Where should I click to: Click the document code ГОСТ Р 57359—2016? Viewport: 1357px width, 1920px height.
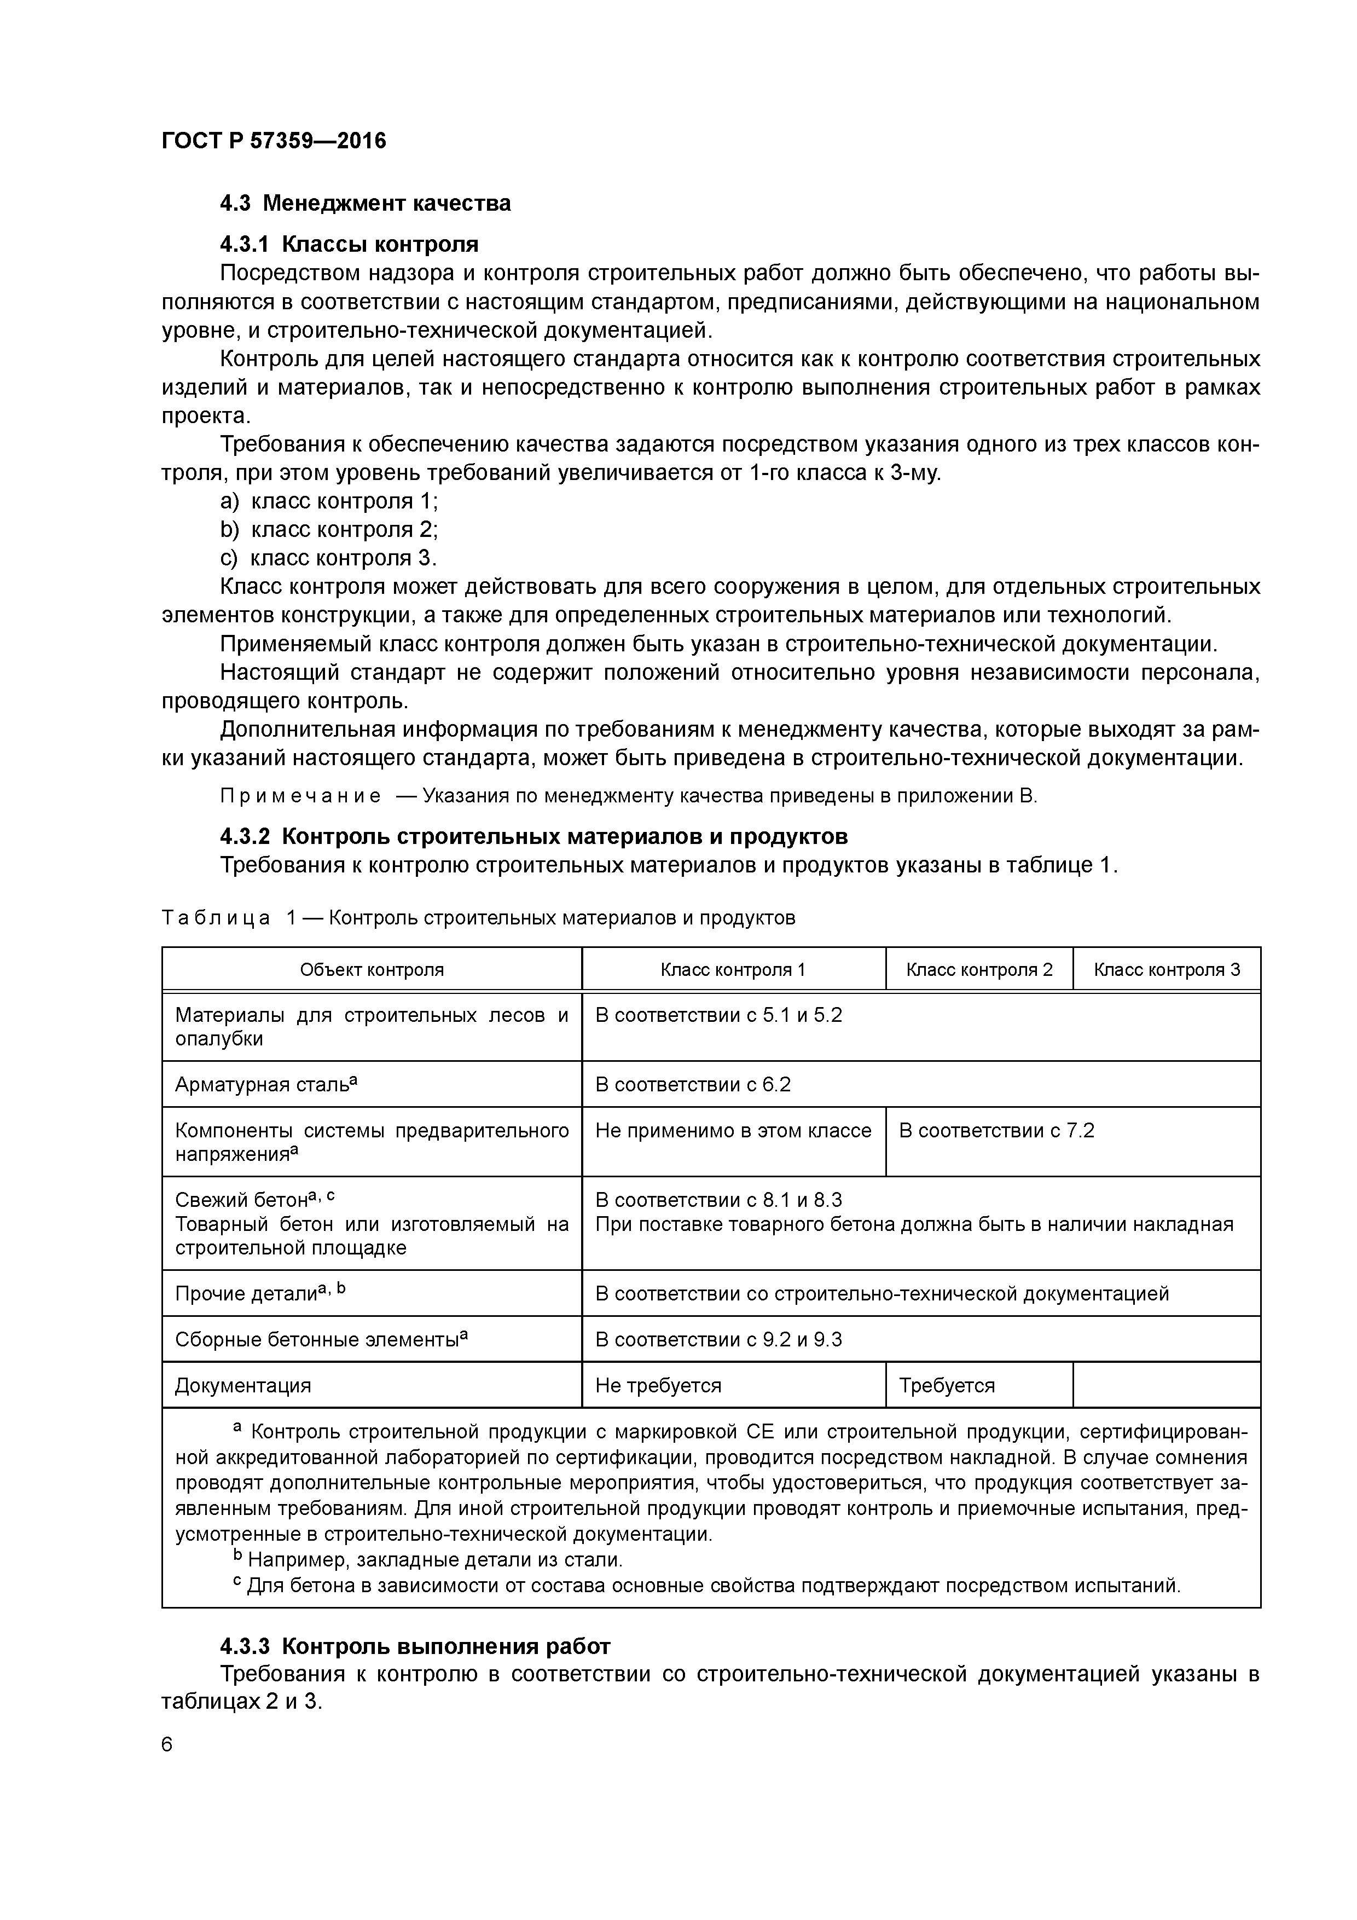pyautogui.click(x=274, y=141)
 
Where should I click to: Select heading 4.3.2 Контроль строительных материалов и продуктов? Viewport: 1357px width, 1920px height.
pyautogui.click(x=533, y=836)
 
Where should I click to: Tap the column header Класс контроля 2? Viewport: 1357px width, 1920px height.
pyautogui.click(x=979, y=970)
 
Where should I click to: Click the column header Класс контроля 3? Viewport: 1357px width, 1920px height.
pyautogui.click(x=1167, y=970)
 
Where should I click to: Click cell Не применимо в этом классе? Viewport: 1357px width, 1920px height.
pyautogui.click(x=733, y=1131)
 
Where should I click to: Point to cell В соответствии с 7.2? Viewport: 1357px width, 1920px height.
pyautogui.click(x=996, y=1131)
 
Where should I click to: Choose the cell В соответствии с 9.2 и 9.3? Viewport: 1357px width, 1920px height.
pyautogui.click(x=718, y=1340)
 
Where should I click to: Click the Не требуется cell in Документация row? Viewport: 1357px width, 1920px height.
pyautogui.click(x=658, y=1386)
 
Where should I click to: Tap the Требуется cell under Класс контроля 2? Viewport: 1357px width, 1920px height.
pyautogui.click(x=947, y=1386)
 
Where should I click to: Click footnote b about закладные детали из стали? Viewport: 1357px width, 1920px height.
pyautogui.click(x=427, y=1559)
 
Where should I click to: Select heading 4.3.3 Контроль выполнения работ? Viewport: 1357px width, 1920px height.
pyautogui.click(x=415, y=1646)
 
